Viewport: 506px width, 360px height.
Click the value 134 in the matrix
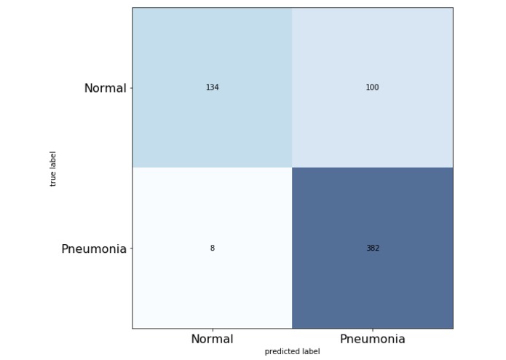pos(212,87)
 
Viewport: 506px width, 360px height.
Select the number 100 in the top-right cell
pos(372,87)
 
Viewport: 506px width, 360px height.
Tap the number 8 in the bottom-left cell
pos(212,249)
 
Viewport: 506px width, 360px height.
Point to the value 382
pos(372,249)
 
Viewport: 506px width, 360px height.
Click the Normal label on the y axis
pos(105,88)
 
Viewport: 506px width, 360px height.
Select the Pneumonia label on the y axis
pos(93,249)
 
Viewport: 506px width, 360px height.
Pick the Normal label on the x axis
pos(212,339)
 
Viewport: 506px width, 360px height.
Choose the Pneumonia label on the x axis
pos(372,339)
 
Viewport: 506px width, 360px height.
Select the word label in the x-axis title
pos(311,351)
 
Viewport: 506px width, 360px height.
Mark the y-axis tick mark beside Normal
pos(130,87)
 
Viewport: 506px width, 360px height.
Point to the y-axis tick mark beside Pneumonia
pos(130,249)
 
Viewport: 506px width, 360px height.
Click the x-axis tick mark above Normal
pos(212,330)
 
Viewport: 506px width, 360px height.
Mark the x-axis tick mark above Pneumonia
pos(372,330)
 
